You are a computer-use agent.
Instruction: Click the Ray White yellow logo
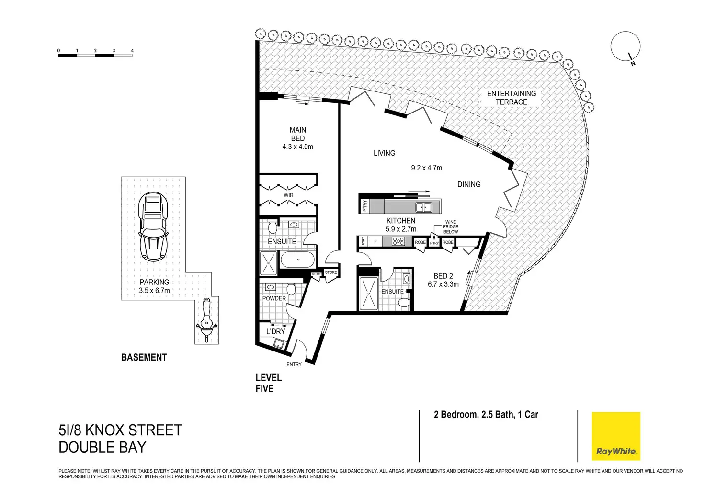click(616, 436)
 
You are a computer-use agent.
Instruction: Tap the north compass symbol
click(625, 47)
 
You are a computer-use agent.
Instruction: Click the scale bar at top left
click(95, 55)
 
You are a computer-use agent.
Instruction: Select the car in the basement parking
click(153, 226)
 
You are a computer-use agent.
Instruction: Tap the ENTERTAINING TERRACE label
click(512, 98)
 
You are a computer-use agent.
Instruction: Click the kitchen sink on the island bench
click(423, 207)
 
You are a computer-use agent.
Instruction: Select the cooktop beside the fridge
click(398, 242)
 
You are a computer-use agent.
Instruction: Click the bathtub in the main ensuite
click(298, 260)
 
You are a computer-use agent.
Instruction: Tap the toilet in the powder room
click(291, 289)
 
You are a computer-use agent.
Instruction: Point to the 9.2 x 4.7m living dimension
click(426, 168)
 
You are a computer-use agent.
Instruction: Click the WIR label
click(288, 195)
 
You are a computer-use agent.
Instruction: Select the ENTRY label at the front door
click(294, 364)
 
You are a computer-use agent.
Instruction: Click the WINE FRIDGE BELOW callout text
click(450, 227)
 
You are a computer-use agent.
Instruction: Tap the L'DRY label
click(275, 331)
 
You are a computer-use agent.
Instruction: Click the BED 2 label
click(443, 276)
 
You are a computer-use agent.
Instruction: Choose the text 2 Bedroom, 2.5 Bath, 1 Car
click(486, 415)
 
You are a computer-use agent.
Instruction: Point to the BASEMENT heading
click(144, 357)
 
